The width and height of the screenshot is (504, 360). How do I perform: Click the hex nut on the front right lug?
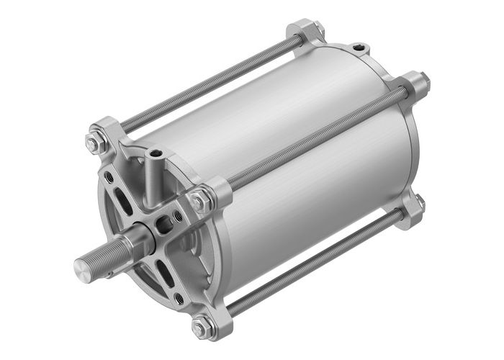(199, 201)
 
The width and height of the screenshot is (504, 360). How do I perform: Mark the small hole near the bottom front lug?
(178, 297)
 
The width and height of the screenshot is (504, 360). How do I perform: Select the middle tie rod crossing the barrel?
(317, 137)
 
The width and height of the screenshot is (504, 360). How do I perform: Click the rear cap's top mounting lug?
(307, 32)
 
